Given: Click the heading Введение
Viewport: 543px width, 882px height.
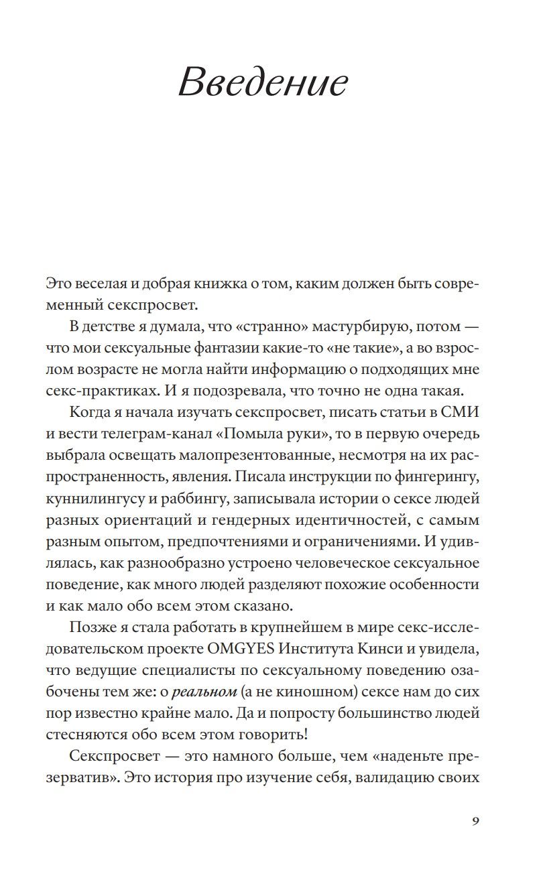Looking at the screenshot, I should [x=263, y=84].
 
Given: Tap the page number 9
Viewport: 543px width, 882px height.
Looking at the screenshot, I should [x=475, y=822].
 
